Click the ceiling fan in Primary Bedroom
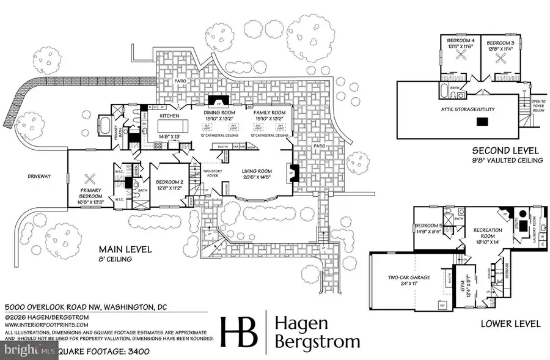[90, 179]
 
